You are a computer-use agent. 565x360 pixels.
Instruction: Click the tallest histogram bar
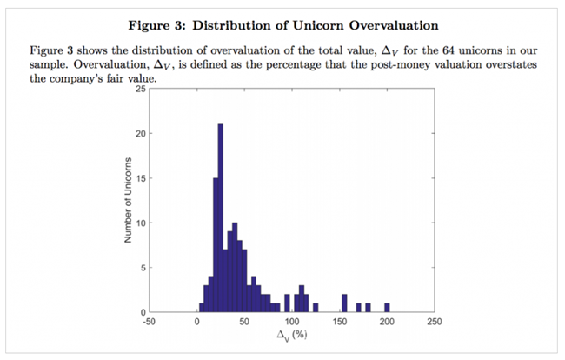point(221,217)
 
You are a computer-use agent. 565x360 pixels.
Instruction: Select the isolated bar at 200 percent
point(387,308)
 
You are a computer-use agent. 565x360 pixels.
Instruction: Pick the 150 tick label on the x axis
point(340,320)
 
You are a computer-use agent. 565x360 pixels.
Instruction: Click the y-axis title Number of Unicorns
point(128,201)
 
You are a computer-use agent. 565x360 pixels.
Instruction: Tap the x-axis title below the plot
point(292,335)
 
